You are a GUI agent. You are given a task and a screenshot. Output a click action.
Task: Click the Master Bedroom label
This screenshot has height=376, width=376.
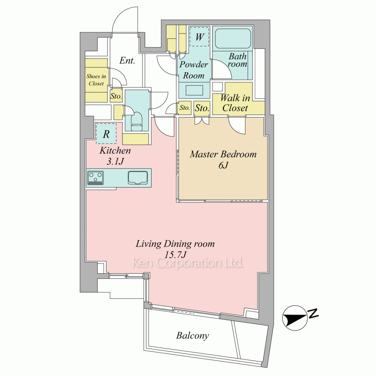pyautogui.click(x=223, y=154)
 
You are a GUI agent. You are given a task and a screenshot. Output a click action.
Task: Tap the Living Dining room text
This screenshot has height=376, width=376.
pyautogui.click(x=175, y=244)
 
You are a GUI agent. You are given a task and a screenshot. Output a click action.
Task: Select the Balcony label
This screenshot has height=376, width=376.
pyautogui.click(x=192, y=335)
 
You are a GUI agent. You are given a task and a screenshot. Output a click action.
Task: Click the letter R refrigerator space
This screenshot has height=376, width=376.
pyautogui.click(x=106, y=133)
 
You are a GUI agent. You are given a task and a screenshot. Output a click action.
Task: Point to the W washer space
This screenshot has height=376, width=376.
pyautogui.click(x=200, y=37)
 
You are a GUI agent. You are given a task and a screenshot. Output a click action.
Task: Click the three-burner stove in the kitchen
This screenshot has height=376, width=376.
pyautogui.click(x=96, y=178)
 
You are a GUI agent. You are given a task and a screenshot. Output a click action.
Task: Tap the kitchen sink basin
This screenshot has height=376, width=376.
pyautogui.click(x=138, y=177)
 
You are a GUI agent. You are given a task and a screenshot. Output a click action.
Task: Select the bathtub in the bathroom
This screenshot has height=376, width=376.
pyautogui.click(x=233, y=38)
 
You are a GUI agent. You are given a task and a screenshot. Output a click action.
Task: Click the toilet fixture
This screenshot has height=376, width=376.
pyautogui.click(x=137, y=120)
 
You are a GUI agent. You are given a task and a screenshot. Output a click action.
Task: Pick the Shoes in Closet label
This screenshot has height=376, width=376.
pyautogui.click(x=96, y=80)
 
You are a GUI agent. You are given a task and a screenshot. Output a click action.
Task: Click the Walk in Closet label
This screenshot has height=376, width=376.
pyautogui.click(x=235, y=103)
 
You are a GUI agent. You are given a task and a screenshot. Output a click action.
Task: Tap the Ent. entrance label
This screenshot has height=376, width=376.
pyautogui.click(x=127, y=61)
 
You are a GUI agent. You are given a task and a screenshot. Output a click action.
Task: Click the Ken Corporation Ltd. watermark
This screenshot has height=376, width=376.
pyautogui.click(x=188, y=263)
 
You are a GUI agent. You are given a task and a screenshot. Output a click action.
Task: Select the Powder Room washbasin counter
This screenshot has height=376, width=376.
pyautogui.click(x=194, y=90)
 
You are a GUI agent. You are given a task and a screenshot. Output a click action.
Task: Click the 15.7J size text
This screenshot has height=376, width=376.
pyautogui.click(x=175, y=255)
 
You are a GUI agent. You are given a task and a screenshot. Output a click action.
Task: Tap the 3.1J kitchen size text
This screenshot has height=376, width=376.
pyautogui.click(x=115, y=161)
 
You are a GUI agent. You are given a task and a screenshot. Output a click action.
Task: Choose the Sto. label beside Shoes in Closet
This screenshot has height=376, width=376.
pyautogui.click(x=116, y=96)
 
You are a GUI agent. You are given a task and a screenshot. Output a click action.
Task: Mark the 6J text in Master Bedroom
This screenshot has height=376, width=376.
pyautogui.click(x=223, y=165)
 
